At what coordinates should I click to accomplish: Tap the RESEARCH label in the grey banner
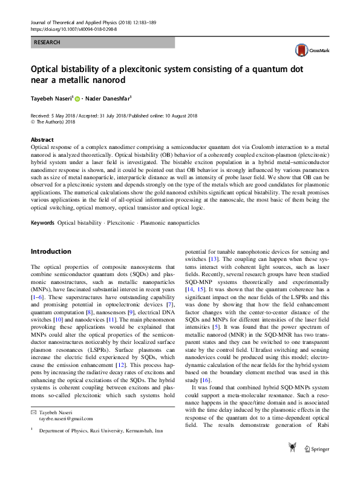click(x=47, y=43)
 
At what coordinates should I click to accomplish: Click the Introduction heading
click(x=51, y=251)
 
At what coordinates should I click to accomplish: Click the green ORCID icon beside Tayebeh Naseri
click(x=77, y=98)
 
